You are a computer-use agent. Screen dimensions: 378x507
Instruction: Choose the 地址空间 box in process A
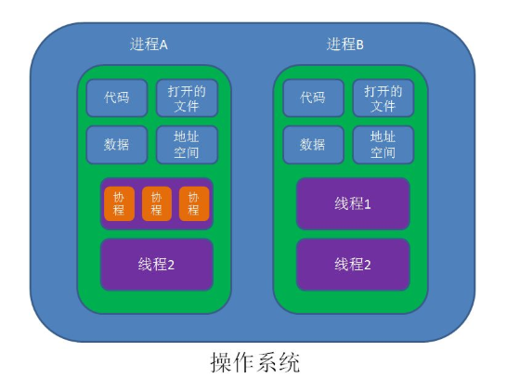click(186, 145)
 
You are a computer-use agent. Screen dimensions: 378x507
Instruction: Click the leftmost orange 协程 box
click(120, 203)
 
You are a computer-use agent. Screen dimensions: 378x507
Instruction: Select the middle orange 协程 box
click(156, 203)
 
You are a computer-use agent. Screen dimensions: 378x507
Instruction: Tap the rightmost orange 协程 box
click(193, 203)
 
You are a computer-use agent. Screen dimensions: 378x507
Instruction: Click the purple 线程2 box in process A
click(156, 264)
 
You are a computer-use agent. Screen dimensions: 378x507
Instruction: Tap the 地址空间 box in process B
click(383, 145)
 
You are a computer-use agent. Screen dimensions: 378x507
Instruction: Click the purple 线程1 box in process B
click(353, 203)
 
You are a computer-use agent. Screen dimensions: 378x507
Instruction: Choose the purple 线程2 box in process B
click(353, 264)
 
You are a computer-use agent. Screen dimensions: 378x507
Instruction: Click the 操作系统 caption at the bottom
click(254, 360)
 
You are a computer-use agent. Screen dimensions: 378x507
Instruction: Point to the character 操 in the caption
click(221, 360)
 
